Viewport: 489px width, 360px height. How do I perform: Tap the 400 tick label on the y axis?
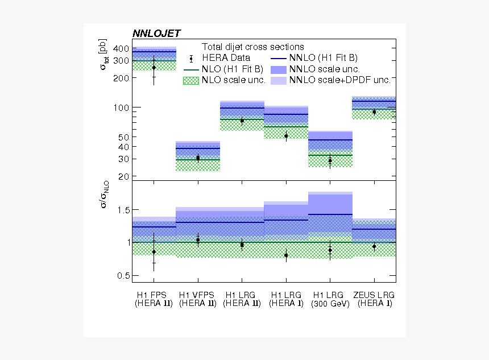point(121,49)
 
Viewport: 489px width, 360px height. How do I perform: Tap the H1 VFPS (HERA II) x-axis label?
point(197,300)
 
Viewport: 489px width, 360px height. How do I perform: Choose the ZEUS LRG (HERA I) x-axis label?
point(374,300)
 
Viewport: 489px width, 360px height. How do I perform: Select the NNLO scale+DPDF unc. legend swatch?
point(279,81)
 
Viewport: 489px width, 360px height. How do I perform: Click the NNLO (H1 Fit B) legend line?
point(279,58)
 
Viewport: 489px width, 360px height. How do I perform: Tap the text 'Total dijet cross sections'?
point(253,47)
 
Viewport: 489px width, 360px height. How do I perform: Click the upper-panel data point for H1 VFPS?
point(198,158)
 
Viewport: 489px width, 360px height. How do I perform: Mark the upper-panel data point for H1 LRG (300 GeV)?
point(330,161)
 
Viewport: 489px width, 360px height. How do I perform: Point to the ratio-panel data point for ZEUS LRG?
point(374,247)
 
